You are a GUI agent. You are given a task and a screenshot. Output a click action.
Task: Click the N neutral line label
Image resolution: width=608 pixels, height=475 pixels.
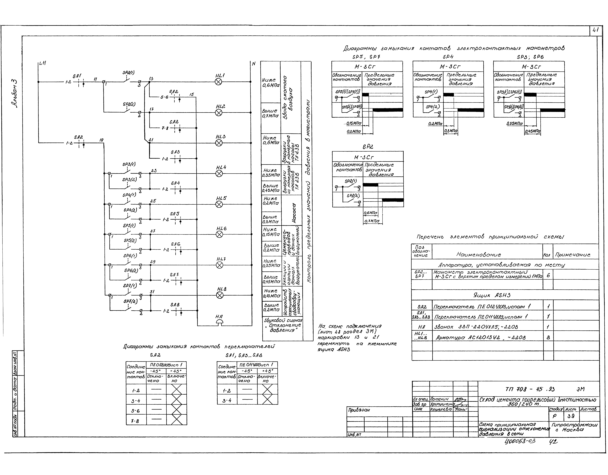254,64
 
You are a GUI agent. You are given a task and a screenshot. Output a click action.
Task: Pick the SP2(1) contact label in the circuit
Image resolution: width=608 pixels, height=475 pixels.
128,73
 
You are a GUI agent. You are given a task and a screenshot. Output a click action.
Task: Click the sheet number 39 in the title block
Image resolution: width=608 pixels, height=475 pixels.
571,416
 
